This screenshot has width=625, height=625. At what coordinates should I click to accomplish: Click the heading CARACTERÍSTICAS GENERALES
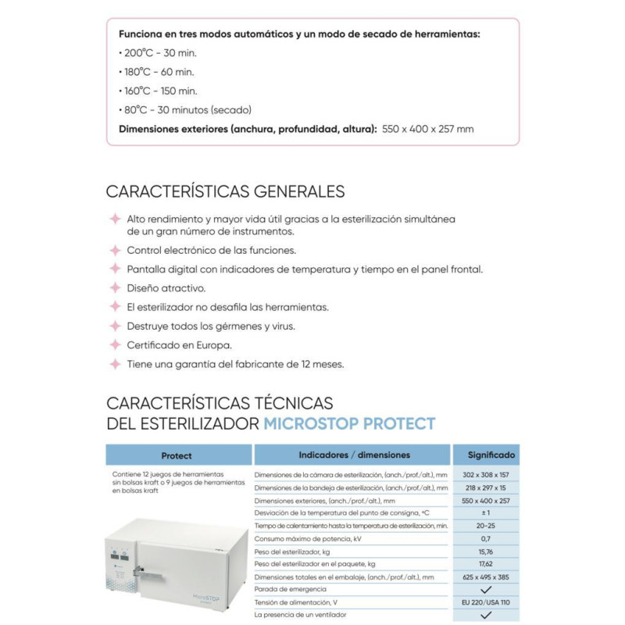tap(225, 191)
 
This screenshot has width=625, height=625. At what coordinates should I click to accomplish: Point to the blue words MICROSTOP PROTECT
tap(349, 423)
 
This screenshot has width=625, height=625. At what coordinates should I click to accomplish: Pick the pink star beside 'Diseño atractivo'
tap(115, 288)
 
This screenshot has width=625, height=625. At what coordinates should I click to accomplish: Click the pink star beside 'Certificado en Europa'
tap(115, 345)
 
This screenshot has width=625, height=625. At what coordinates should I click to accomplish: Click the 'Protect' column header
tap(177, 455)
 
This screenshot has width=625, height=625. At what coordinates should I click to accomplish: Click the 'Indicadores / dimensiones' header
tap(353, 455)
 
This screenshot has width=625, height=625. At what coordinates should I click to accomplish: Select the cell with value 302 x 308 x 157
tap(485, 474)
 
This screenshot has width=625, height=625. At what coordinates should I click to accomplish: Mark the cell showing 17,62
tap(485, 563)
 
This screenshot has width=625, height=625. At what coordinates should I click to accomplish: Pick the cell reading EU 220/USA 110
tap(485, 602)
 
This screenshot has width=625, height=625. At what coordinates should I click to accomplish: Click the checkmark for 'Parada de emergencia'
tap(485, 588)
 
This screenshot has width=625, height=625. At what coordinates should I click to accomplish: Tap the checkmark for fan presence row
tap(485, 615)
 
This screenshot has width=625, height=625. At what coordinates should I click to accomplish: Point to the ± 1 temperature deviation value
tap(485, 512)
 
